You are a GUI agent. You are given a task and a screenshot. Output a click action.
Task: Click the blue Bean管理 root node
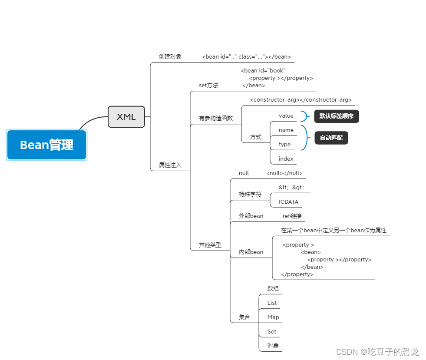click(x=47, y=145)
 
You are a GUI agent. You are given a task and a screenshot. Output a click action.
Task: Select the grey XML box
click(x=126, y=117)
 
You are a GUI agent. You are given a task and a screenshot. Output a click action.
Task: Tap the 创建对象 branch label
click(x=170, y=56)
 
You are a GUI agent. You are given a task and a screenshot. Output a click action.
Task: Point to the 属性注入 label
click(x=170, y=165)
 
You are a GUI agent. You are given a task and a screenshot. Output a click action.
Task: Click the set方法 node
click(x=208, y=86)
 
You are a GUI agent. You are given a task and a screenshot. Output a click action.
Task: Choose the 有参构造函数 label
click(x=216, y=118)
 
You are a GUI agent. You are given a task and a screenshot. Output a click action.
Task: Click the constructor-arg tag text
click(x=301, y=100)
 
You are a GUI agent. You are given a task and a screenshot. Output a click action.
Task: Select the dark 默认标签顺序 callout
click(x=337, y=116)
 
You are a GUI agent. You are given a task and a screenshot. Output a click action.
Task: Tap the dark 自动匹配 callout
click(x=331, y=138)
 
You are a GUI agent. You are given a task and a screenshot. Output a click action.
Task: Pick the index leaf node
click(x=286, y=159)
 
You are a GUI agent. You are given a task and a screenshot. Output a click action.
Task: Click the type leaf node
click(x=285, y=144)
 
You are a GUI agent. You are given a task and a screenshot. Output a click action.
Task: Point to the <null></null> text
click(x=284, y=173)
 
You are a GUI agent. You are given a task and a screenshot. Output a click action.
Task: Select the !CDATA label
click(x=289, y=201)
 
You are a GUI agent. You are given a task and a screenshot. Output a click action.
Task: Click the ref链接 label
click(x=292, y=216)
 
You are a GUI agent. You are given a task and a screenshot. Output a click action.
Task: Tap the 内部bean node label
click(x=251, y=252)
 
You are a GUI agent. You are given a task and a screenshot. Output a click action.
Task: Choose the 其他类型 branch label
click(x=210, y=245)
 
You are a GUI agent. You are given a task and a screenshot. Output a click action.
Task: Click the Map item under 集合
click(x=273, y=317)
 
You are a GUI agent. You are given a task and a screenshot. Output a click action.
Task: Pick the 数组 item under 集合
click(x=273, y=288)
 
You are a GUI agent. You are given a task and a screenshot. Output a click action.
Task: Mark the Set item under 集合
click(x=272, y=331)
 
